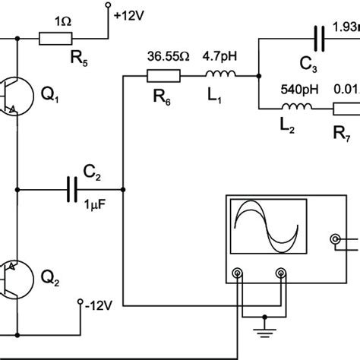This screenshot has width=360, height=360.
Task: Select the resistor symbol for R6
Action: [x=163, y=75]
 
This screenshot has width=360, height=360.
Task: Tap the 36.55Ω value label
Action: [x=164, y=55]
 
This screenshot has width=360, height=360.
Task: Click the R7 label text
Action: [x=343, y=134]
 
